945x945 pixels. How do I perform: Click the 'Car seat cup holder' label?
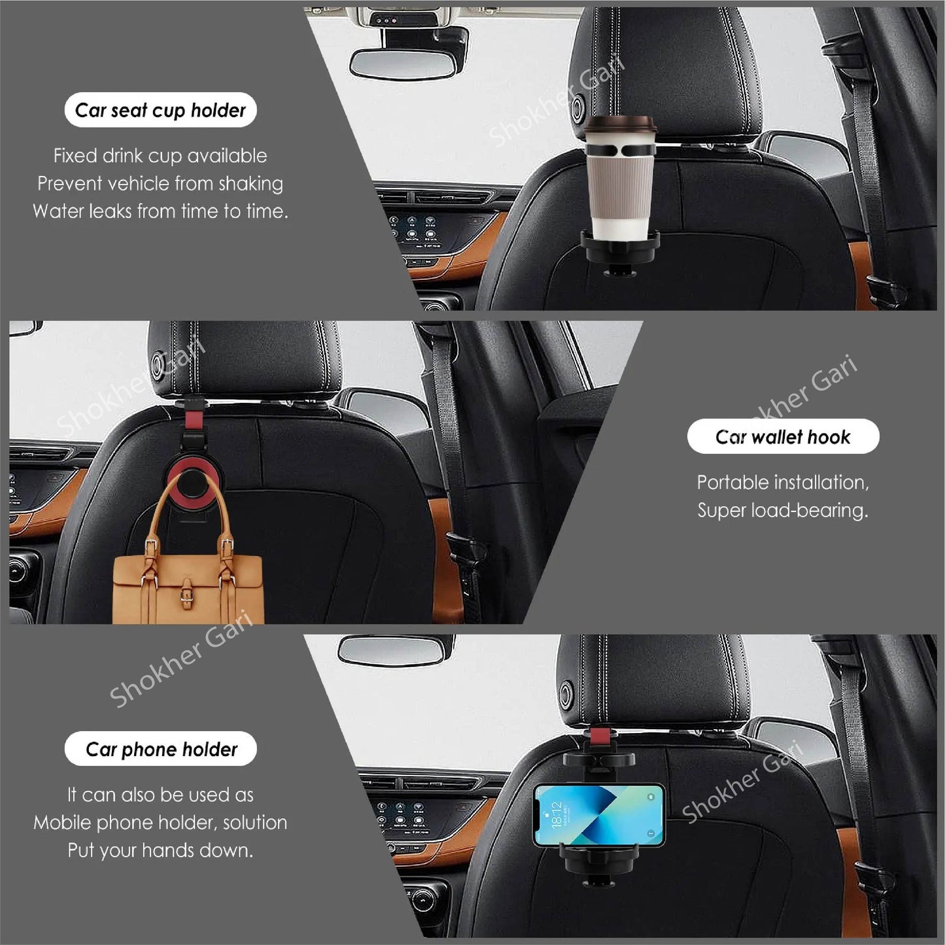[x=160, y=110]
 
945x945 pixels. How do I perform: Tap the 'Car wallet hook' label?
[x=783, y=436]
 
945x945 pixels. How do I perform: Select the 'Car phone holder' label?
[x=161, y=749]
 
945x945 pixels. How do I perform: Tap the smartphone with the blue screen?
[x=598, y=814]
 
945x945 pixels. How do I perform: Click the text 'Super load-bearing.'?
[x=783, y=510]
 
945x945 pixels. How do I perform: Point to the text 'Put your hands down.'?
[x=160, y=850]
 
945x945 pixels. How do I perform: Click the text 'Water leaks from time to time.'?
[x=160, y=211]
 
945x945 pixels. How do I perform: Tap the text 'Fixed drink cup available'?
[x=160, y=156]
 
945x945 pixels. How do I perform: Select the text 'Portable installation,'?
[x=783, y=483]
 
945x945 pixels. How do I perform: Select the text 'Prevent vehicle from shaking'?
[x=160, y=184]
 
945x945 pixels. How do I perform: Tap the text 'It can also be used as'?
[x=160, y=795]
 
